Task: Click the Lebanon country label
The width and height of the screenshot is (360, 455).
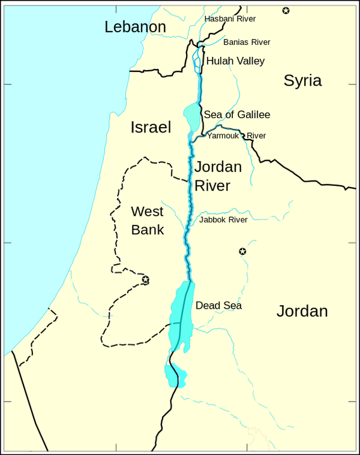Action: [135, 27]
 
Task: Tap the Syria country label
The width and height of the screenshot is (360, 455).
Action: [302, 81]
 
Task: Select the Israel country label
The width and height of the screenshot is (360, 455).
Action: [151, 127]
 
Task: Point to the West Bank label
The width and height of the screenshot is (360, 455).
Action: [148, 220]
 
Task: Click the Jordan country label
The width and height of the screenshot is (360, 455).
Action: [302, 311]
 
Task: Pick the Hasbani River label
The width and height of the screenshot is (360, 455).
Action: [230, 19]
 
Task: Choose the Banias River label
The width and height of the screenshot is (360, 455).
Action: [247, 42]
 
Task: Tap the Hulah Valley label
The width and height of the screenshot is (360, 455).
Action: [235, 61]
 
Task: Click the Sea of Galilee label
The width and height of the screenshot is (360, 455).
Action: [237, 114]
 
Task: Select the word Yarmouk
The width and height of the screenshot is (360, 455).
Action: [223, 136]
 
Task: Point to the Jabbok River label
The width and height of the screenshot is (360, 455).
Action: [223, 220]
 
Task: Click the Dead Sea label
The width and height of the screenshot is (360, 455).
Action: [219, 306]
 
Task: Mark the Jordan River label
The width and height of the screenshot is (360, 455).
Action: [218, 176]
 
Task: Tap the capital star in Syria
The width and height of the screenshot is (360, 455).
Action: [286, 10]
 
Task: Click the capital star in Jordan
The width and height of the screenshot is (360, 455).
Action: [242, 251]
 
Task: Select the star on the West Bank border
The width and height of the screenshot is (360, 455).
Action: [145, 279]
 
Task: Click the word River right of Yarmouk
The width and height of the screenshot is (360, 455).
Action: [256, 136]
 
